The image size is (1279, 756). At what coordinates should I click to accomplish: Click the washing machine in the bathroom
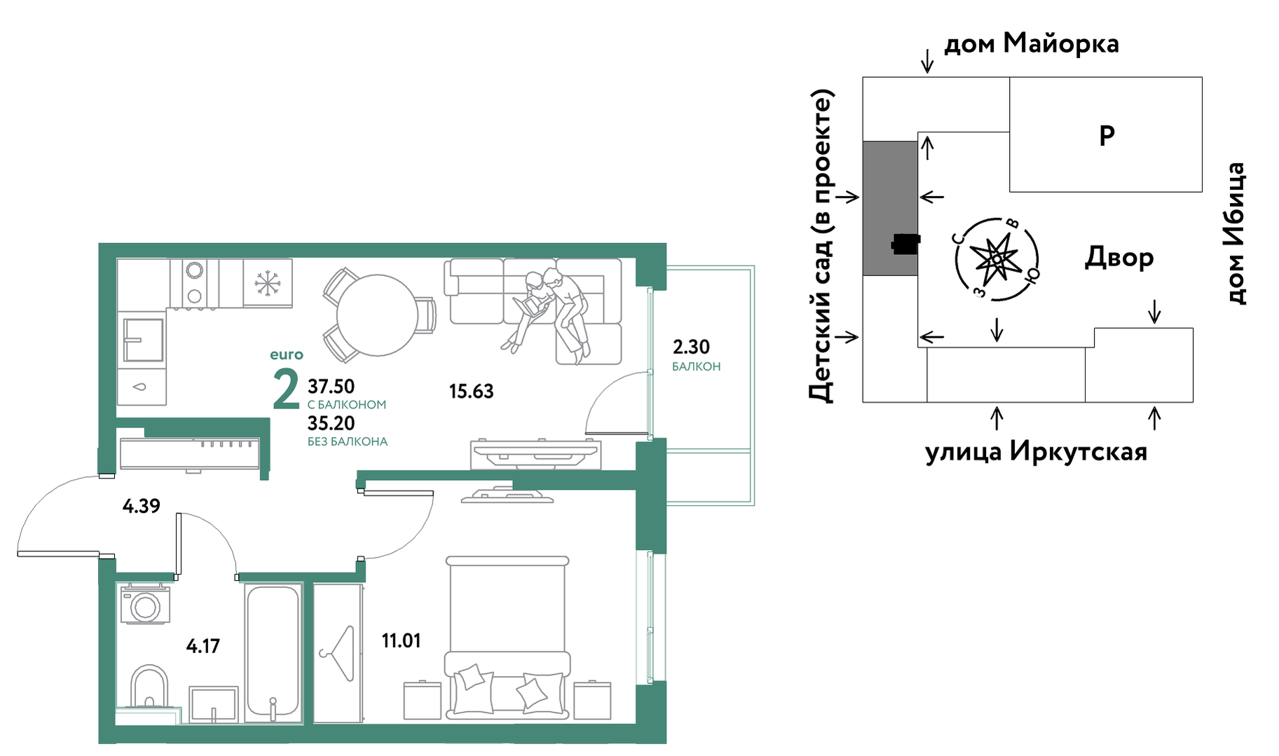tap(145, 604)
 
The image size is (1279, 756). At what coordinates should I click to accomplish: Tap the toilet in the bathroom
tap(149, 687)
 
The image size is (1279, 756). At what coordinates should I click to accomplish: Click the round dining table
tap(377, 315)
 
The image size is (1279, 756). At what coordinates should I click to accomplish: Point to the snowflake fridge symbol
tap(267, 283)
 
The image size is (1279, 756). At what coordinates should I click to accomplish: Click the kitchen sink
tap(143, 341)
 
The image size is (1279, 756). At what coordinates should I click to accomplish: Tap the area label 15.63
tap(471, 391)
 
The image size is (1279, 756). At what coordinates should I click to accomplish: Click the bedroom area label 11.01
tap(401, 640)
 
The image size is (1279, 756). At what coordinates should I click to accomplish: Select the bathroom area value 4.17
tap(203, 645)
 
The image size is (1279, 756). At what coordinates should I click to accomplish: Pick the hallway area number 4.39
tap(141, 505)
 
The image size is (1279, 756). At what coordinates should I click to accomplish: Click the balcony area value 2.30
tap(691, 347)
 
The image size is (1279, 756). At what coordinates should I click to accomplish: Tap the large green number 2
tap(286, 390)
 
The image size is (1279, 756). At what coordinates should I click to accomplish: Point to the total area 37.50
tap(331, 386)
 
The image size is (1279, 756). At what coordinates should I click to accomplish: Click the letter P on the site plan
tap(1107, 135)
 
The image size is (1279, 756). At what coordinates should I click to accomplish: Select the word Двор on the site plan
tap(1119, 257)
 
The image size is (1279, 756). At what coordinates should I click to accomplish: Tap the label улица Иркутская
tap(1036, 452)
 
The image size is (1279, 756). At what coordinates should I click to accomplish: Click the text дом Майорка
tap(1032, 43)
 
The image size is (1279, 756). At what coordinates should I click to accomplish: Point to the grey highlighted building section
tap(889, 208)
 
